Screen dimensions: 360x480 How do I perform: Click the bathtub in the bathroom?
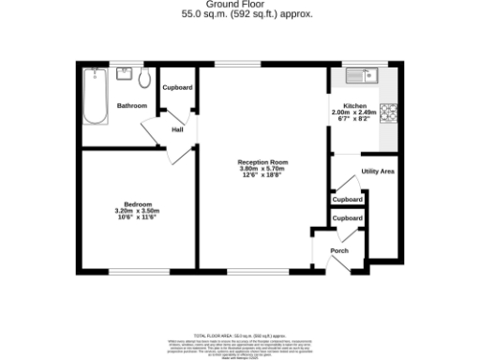[x=95, y=97]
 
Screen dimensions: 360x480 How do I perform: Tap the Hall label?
[x=176, y=130]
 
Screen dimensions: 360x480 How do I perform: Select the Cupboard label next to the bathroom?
[x=177, y=87]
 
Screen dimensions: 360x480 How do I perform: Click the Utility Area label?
[x=377, y=172]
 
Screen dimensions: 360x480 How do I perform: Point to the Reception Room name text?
[x=262, y=162]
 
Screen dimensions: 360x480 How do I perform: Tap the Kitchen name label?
[x=354, y=106]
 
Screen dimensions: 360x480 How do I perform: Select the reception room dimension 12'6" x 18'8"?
[x=262, y=175]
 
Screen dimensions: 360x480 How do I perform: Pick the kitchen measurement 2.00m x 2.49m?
[x=354, y=112]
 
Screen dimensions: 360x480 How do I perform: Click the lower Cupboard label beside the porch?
[x=348, y=218]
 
